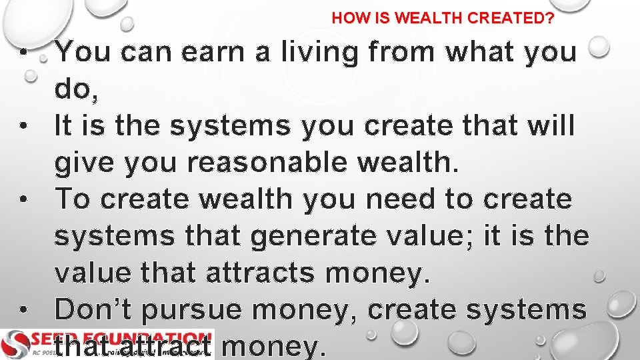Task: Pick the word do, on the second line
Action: click(77, 89)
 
